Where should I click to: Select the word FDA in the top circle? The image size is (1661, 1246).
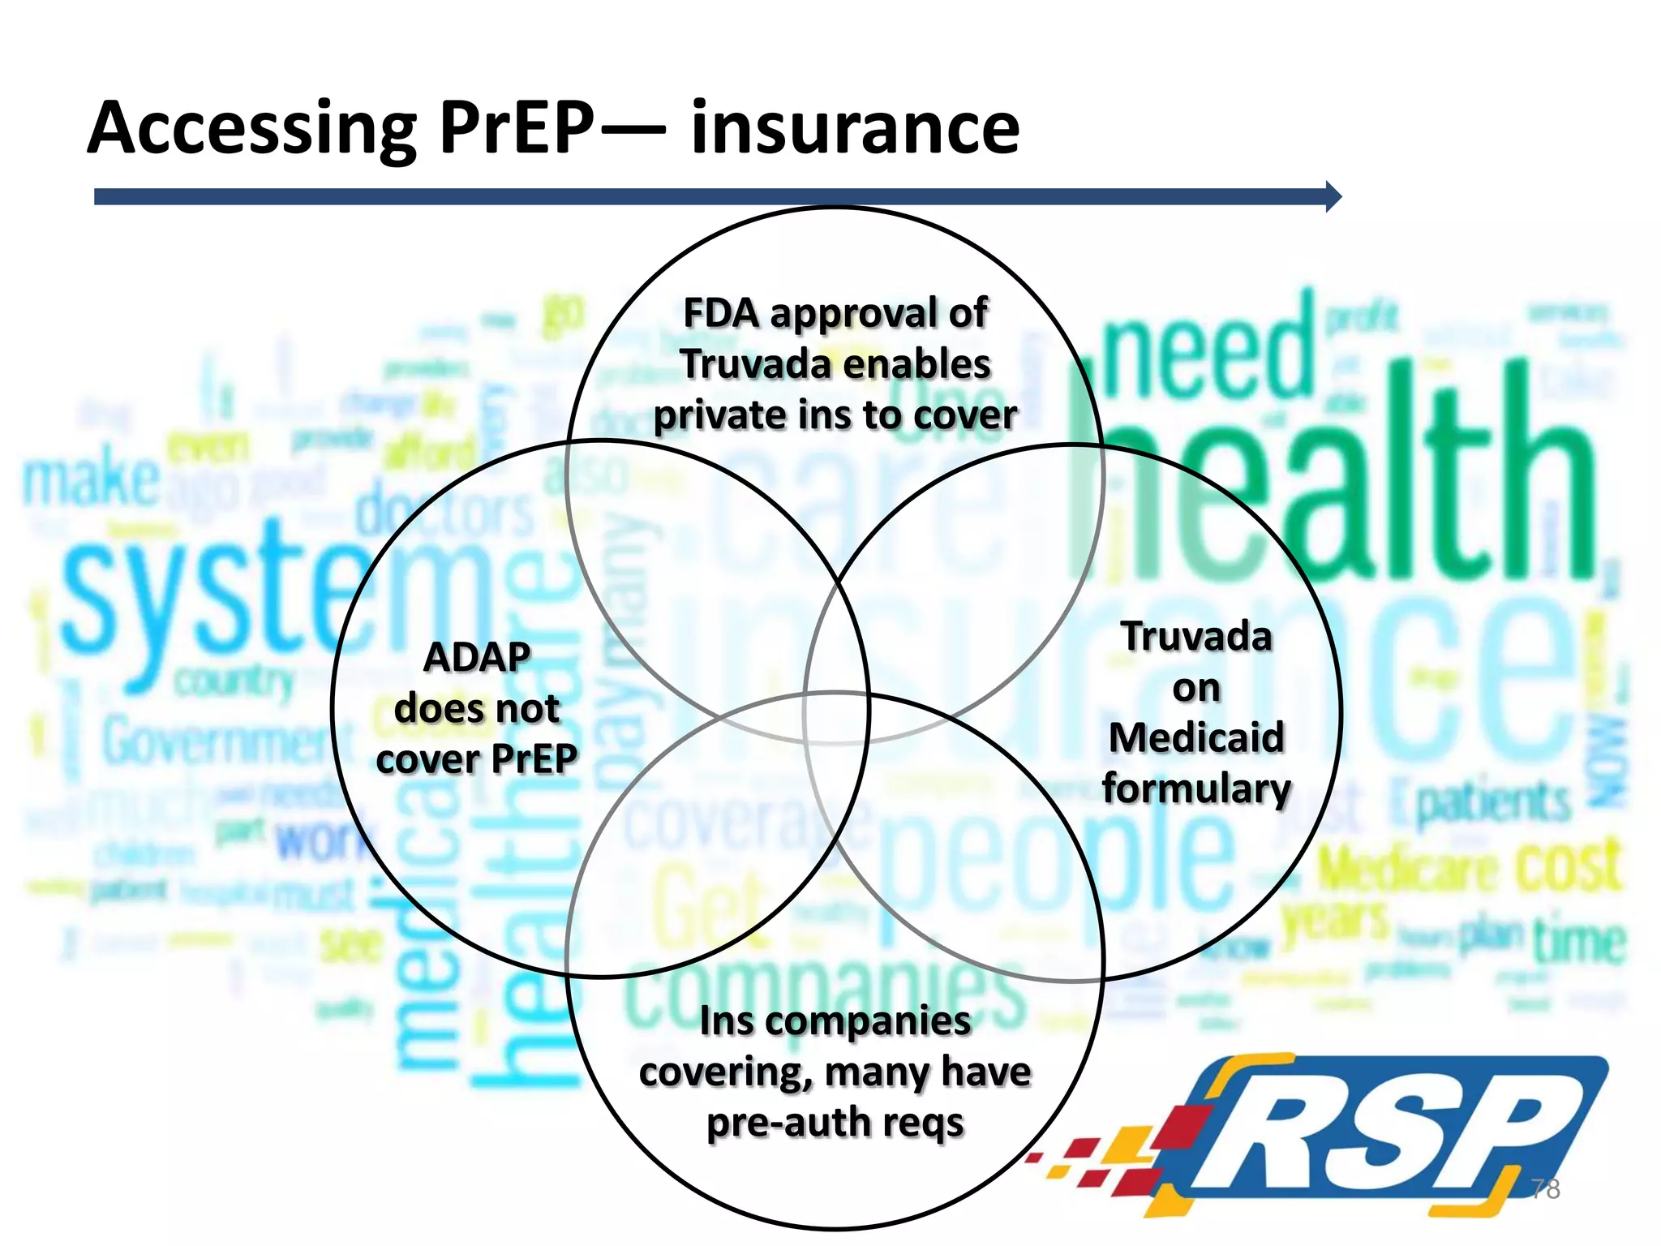(721, 313)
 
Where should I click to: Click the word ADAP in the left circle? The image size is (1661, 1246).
(477, 657)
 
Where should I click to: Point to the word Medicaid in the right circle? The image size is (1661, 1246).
(1196, 738)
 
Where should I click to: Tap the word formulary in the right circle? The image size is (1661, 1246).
(1196, 789)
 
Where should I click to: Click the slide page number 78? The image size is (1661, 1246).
(1545, 1188)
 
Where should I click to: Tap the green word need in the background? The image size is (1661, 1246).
(1208, 357)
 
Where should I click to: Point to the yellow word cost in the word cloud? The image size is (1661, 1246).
(1569, 866)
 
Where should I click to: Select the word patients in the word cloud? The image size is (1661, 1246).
(1492, 803)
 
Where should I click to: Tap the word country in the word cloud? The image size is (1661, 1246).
(234, 681)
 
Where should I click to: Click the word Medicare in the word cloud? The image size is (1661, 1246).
(1407, 870)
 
